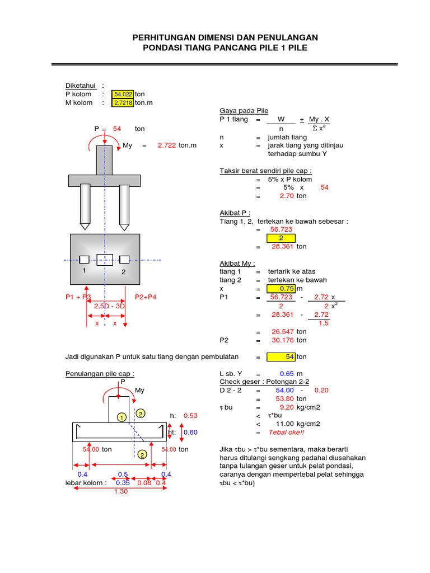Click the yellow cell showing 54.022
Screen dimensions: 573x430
coord(123,95)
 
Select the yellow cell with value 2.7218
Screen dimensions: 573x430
coord(123,103)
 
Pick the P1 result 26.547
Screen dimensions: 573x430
coord(282,331)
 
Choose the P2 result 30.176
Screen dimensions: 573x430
coord(282,340)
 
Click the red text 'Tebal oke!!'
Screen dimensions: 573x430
coord(286,433)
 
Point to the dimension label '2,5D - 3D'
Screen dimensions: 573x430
coord(109,306)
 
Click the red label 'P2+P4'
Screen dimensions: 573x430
coord(146,297)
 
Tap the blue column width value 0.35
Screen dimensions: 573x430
coord(123,483)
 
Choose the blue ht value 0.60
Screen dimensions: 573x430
coord(190,433)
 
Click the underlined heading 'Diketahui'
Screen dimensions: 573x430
coord(81,86)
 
